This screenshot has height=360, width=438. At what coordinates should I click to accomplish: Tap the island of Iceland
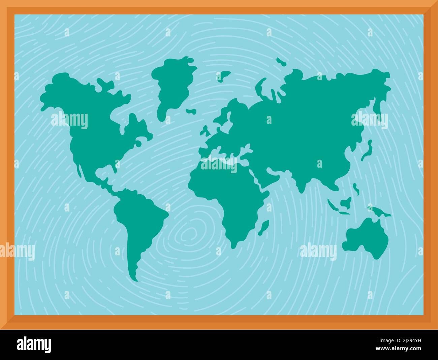(x=191, y=111)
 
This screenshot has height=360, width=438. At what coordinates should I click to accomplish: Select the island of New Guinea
(x=379, y=211)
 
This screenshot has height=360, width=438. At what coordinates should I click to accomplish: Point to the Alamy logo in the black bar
(x=34, y=345)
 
